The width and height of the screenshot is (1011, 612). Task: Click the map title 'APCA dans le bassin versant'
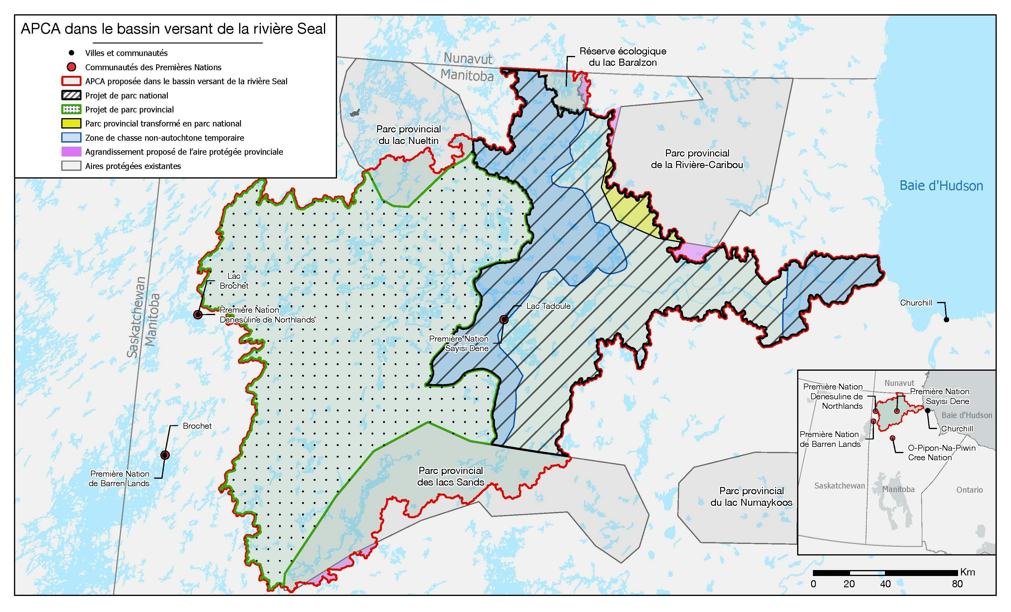[x=173, y=29]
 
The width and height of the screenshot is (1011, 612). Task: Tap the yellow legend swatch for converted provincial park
[x=71, y=123]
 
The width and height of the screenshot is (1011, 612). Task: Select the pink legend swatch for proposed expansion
[x=71, y=151]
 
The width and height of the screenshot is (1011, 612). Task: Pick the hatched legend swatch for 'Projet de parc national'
[x=71, y=95]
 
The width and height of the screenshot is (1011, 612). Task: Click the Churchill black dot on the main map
[x=946, y=319]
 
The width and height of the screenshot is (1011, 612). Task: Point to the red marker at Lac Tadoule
[x=504, y=319]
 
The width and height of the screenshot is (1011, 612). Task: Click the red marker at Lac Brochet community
[x=198, y=315]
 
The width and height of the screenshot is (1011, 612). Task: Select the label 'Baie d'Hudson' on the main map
[x=941, y=186]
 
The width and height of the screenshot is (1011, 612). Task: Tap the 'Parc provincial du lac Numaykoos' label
[x=751, y=496]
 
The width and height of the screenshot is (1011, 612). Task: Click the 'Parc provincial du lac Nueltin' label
[x=408, y=135]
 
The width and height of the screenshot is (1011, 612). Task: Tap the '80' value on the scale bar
[x=957, y=584]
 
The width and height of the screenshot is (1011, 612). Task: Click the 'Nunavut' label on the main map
[x=468, y=59]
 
